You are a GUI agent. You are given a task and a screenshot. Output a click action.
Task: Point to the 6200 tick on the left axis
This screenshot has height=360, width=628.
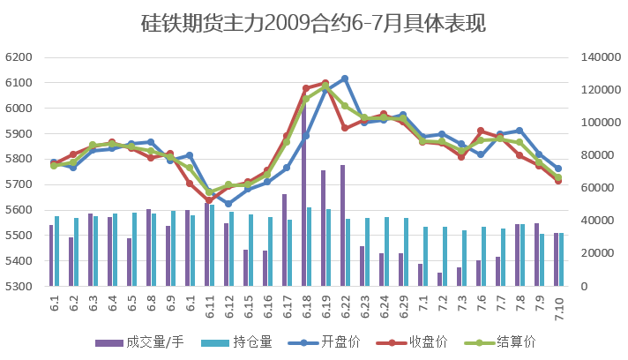(x=19, y=57)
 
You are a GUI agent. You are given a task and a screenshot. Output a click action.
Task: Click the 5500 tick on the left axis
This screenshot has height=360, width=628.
(x=19, y=236)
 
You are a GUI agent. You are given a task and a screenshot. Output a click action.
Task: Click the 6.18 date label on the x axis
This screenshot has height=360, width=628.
(x=306, y=306)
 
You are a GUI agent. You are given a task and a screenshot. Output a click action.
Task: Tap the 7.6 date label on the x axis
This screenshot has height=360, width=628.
(x=481, y=306)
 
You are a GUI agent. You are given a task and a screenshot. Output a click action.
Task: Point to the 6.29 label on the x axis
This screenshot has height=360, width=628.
(x=403, y=306)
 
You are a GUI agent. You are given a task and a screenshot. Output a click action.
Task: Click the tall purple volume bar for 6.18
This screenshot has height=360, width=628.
(x=303, y=194)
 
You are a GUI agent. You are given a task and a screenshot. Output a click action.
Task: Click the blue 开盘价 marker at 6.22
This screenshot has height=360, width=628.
(x=345, y=79)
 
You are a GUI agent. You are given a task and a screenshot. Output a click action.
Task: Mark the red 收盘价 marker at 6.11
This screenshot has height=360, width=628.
(x=209, y=200)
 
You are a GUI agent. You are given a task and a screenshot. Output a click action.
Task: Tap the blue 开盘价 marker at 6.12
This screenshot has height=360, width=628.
(x=228, y=204)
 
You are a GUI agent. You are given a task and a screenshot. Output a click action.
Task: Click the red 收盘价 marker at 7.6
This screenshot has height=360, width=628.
(x=481, y=131)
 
